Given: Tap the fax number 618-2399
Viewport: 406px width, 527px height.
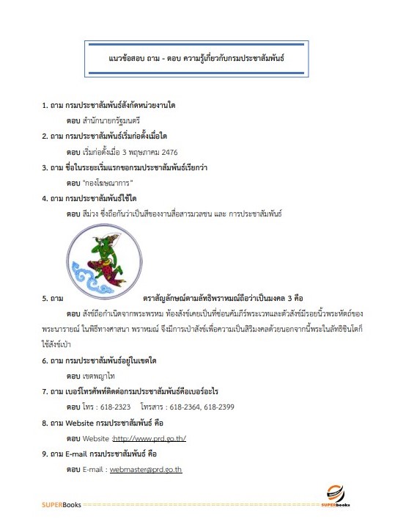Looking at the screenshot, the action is (219, 407).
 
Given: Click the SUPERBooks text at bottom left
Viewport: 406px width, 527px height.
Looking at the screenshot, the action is (61, 506).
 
